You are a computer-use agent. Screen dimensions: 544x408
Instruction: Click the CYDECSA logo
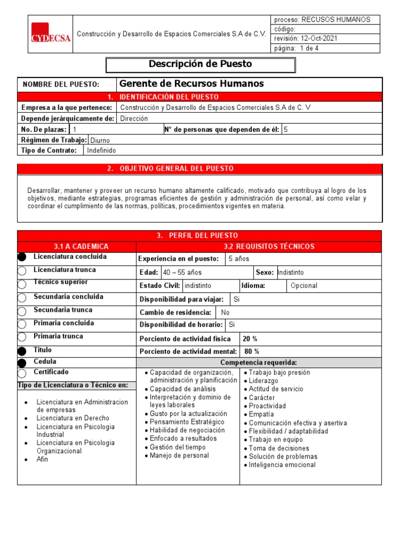point(50,33)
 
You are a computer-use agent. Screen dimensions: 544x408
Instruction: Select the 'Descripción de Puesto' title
point(200,64)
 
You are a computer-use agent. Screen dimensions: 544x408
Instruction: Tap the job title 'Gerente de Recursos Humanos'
point(192,84)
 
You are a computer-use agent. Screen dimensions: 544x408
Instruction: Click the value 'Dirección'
point(134,118)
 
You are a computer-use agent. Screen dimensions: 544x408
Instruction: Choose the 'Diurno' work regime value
point(100,140)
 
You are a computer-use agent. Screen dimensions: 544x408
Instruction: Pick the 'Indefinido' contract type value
point(101,150)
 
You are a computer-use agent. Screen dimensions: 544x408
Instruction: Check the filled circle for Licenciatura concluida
point(22,257)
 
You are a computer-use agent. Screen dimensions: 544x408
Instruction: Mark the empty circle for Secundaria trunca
point(22,311)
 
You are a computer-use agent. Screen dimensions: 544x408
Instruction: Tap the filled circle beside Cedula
point(22,363)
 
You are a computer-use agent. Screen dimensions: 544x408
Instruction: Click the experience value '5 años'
point(239,259)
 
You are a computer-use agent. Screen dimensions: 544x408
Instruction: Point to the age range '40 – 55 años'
point(182,273)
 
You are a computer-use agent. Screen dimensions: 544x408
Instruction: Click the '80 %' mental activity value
point(251,351)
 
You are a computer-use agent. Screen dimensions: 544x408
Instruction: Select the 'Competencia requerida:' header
point(259,362)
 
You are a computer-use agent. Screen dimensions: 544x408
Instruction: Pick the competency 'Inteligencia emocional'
point(282,465)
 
